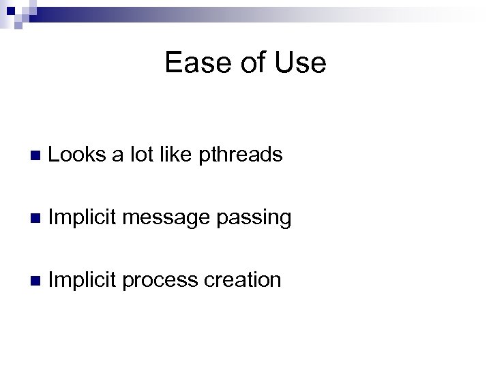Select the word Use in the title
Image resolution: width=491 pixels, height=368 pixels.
pyautogui.click(x=298, y=63)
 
